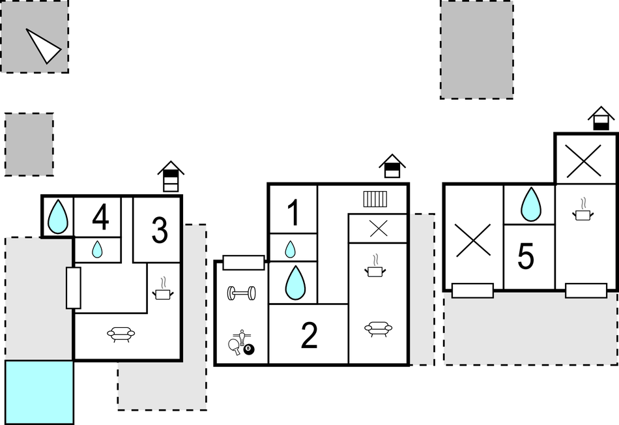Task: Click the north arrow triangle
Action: pyautogui.click(x=42, y=46)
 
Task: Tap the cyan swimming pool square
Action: pyautogui.click(x=39, y=392)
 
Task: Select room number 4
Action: pyautogui.click(x=100, y=217)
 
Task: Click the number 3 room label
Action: pyautogui.click(x=159, y=230)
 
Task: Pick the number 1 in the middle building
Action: pyautogui.click(x=293, y=212)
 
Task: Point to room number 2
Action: pyautogui.click(x=309, y=336)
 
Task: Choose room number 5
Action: pyautogui.click(x=526, y=257)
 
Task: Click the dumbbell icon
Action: pyautogui.click(x=241, y=293)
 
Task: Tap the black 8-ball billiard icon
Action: pyautogui.click(x=249, y=350)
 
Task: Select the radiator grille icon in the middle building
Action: pyautogui.click(x=375, y=198)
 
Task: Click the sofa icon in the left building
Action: pyautogui.click(x=121, y=334)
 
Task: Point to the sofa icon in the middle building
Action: pyautogui.click(x=378, y=329)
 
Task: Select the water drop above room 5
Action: pyautogui.click(x=530, y=204)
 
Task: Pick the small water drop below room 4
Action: pyautogui.click(x=97, y=249)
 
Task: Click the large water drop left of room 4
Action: pyautogui.click(x=58, y=216)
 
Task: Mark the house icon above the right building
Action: pyautogui.click(x=601, y=119)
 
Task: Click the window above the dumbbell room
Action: pyautogui.click(x=243, y=263)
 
